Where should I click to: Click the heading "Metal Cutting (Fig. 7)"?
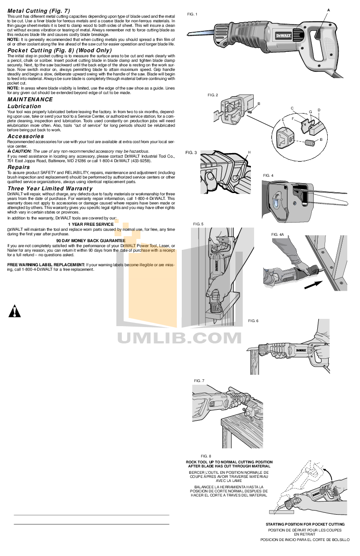pyautogui.click(x=39, y=10)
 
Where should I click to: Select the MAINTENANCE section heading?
pyautogui.click(x=30, y=99)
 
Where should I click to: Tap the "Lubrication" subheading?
pyautogui.click(x=24, y=106)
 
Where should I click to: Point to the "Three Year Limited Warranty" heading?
pyautogui.click(x=50, y=188)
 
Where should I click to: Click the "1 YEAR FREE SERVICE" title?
pyautogui.click(x=91, y=224)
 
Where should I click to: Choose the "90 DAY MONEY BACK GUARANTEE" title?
pyautogui.click(x=91, y=240)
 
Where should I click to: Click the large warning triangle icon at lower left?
pyautogui.click(x=15, y=311)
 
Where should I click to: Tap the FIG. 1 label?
pyautogui.click(x=192, y=15)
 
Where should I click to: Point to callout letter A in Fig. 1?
pyautogui.click(x=328, y=10)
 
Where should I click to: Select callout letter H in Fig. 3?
pyautogui.click(x=249, y=152)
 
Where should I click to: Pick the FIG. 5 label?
pyautogui.click(x=199, y=224)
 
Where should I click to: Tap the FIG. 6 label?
pyautogui.click(x=253, y=321)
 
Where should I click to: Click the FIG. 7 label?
pyautogui.click(x=199, y=380)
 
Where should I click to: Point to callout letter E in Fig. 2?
pyautogui.click(x=283, y=119)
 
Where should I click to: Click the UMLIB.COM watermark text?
pyautogui.click(x=180, y=338)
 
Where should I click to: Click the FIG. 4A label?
pyautogui.click(x=277, y=234)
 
